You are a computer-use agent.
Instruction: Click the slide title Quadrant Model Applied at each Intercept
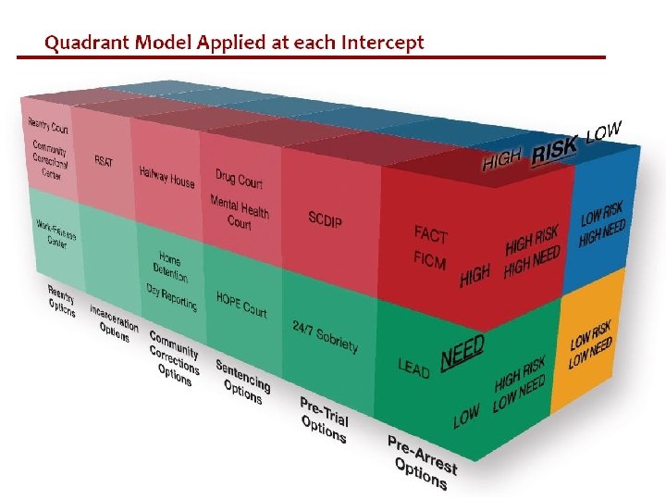click(234, 43)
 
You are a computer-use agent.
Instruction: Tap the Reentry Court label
click(48, 126)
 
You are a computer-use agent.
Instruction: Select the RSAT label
click(104, 160)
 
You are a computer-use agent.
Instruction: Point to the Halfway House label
click(166, 176)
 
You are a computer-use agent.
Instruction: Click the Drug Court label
click(239, 178)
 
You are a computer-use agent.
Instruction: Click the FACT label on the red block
click(430, 234)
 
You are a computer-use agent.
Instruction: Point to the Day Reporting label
click(171, 296)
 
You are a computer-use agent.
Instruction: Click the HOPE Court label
click(241, 304)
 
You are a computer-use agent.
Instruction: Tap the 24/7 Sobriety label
click(324, 337)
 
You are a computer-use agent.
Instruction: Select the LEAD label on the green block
click(413, 368)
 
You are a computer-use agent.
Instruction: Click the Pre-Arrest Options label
click(421, 460)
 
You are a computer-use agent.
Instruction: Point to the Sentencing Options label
click(242, 379)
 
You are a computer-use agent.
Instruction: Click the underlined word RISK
click(554, 148)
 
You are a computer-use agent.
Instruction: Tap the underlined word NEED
click(462, 352)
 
